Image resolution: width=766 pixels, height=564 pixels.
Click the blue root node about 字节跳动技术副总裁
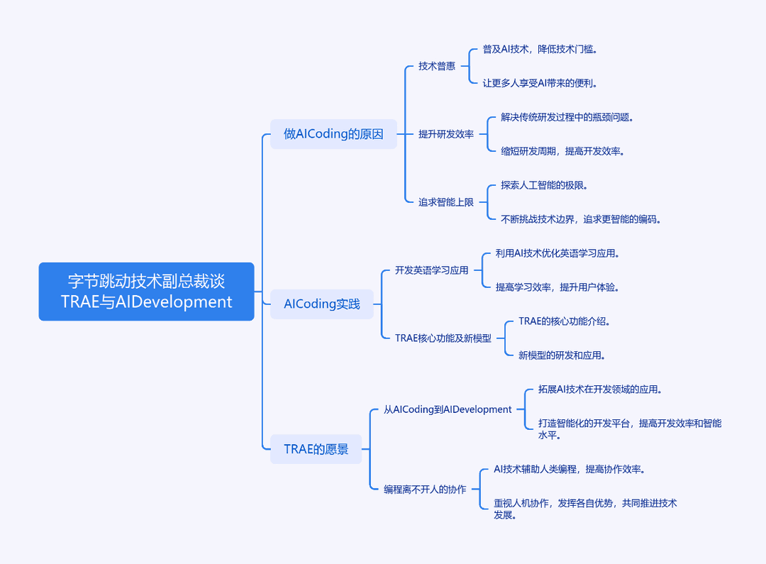pyautogui.click(x=147, y=292)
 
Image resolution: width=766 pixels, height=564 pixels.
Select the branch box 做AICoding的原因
pyautogui.click(x=333, y=134)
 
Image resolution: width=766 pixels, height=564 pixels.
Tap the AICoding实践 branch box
pyautogui.click(x=322, y=304)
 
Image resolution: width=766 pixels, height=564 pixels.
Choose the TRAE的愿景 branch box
pyautogui.click(x=316, y=449)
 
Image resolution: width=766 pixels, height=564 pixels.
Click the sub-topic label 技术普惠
pyautogui.click(x=437, y=66)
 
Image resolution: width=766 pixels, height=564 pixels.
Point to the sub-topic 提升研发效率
pyautogui.click(x=446, y=134)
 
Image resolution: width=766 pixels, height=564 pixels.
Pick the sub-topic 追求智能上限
pyautogui.click(x=446, y=202)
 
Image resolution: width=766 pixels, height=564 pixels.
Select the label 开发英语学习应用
pyautogui.click(x=432, y=270)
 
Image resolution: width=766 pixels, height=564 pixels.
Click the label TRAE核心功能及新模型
pyautogui.click(x=443, y=338)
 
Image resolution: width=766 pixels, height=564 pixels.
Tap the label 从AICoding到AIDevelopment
pyautogui.click(x=448, y=409)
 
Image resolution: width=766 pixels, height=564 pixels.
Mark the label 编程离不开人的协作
pyautogui.click(x=425, y=490)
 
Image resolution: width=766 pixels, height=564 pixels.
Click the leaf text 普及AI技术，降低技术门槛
pyautogui.click(x=540, y=49)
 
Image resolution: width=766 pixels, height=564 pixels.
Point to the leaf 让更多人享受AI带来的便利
pyautogui.click(x=540, y=83)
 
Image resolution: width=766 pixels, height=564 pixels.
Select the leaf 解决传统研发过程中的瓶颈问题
pyautogui.click(x=567, y=117)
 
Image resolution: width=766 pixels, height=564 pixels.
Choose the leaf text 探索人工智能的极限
pyautogui.click(x=544, y=185)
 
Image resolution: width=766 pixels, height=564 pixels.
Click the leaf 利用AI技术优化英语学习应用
pyautogui.click(x=557, y=253)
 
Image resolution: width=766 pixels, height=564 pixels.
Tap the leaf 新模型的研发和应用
pyautogui.click(x=562, y=355)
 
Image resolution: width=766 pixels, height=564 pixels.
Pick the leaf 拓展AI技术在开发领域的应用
pyautogui.click(x=601, y=389)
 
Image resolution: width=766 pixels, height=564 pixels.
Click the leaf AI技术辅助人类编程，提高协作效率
pyautogui.click(x=570, y=469)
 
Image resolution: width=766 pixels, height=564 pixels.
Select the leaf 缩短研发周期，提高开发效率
pyautogui.click(x=562, y=151)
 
